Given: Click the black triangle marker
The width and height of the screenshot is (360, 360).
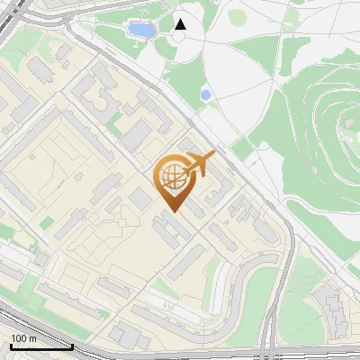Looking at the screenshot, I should tap(180, 23).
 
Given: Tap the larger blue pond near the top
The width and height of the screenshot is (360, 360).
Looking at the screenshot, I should tap(140, 31).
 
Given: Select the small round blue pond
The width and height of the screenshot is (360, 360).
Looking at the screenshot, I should tap(205, 94).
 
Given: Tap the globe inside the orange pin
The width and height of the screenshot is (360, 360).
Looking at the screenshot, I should tap(172, 178).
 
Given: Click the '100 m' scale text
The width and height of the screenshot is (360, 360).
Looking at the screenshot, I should tap(23, 338).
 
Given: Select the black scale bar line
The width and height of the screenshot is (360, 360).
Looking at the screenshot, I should tap(40, 346).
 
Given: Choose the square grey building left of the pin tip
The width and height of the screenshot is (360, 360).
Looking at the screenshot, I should tap(140, 198).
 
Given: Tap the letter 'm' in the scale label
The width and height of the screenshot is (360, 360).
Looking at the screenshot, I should tap(32, 338).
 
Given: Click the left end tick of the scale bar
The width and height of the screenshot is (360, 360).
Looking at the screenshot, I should tap(10, 346).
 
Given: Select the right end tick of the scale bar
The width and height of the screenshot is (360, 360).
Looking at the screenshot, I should tap(72, 346).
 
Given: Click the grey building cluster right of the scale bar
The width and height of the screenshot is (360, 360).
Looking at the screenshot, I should tap(126, 335).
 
